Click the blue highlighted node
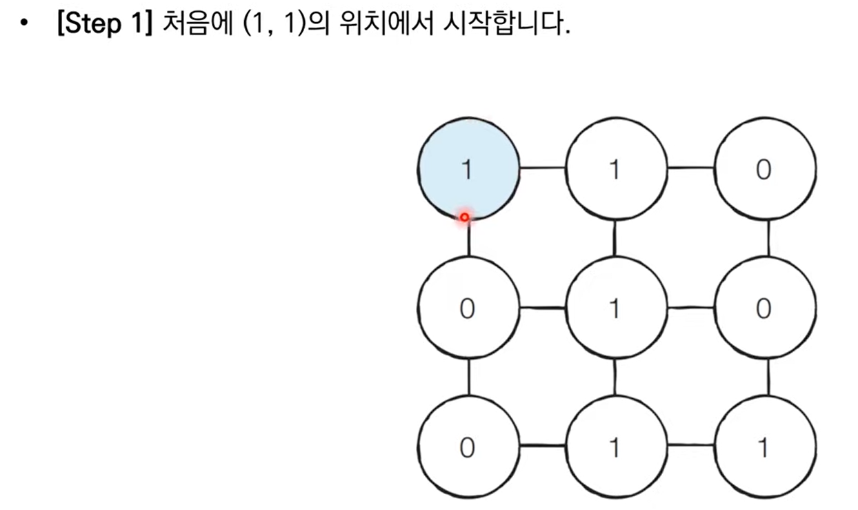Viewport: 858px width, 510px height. pyautogui.click(x=468, y=168)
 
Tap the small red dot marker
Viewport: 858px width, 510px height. pyautogui.click(x=465, y=217)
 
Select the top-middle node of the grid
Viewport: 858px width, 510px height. pyautogui.click(x=616, y=168)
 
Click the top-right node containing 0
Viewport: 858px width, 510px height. pyautogui.click(x=764, y=168)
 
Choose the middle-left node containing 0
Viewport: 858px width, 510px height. pyautogui.click(x=468, y=308)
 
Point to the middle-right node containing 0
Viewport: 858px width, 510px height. pyautogui.click(x=764, y=308)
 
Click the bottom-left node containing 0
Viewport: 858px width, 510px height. pyautogui.click(x=468, y=447)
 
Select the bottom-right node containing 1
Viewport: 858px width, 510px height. pyautogui.click(x=764, y=447)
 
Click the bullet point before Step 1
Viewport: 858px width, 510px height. pyautogui.click(x=26, y=26)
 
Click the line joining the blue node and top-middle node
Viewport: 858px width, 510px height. pyautogui.click(x=542, y=168)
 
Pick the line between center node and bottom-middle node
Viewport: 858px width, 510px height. pyautogui.click(x=615, y=377)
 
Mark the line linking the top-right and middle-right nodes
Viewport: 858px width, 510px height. pyautogui.click(x=768, y=238)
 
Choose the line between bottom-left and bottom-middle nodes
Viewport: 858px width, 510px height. pyautogui.click(x=542, y=447)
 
